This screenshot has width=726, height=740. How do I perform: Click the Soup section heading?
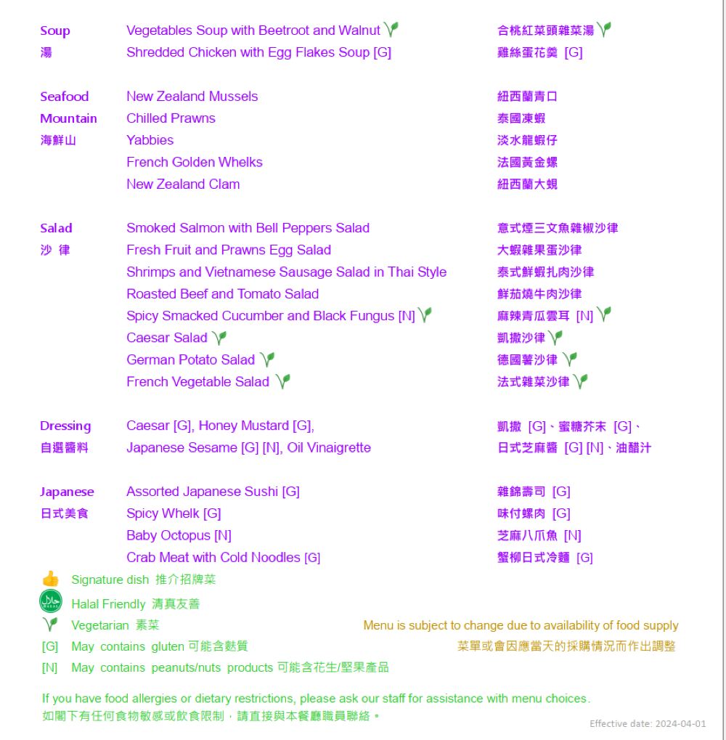pyautogui.click(x=55, y=31)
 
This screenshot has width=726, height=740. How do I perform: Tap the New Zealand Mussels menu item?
pyautogui.click(x=192, y=97)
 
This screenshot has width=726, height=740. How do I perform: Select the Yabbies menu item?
pyautogui.click(x=150, y=140)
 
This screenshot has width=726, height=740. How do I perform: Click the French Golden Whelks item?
pyautogui.click(x=194, y=162)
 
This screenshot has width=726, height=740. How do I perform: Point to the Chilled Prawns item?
pyautogui.click(x=171, y=118)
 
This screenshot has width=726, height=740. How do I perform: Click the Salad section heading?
pyautogui.click(x=56, y=228)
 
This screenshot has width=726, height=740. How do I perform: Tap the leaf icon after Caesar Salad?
pyautogui.click(x=219, y=338)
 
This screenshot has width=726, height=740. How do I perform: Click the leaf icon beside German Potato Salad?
pyautogui.click(x=267, y=359)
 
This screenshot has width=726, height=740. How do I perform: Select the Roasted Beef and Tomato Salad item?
pyautogui.click(x=222, y=294)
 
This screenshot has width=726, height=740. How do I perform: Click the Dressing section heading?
pyautogui.click(x=65, y=426)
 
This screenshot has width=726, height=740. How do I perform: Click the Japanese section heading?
pyautogui.click(x=67, y=492)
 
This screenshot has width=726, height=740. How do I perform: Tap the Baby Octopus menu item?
pyautogui.click(x=179, y=536)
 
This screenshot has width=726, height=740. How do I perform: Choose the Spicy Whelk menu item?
pyautogui.click(x=174, y=513)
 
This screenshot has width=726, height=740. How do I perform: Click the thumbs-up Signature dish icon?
pyautogui.click(x=50, y=579)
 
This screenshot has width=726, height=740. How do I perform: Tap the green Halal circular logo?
pyautogui.click(x=51, y=602)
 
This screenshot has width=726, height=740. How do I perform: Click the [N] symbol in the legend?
pyautogui.click(x=49, y=667)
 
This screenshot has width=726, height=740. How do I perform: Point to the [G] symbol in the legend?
pyautogui.click(x=50, y=646)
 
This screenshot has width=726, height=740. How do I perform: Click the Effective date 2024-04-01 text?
pyautogui.click(x=648, y=724)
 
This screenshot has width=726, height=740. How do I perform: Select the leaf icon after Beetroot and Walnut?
pyautogui.click(x=391, y=30)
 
